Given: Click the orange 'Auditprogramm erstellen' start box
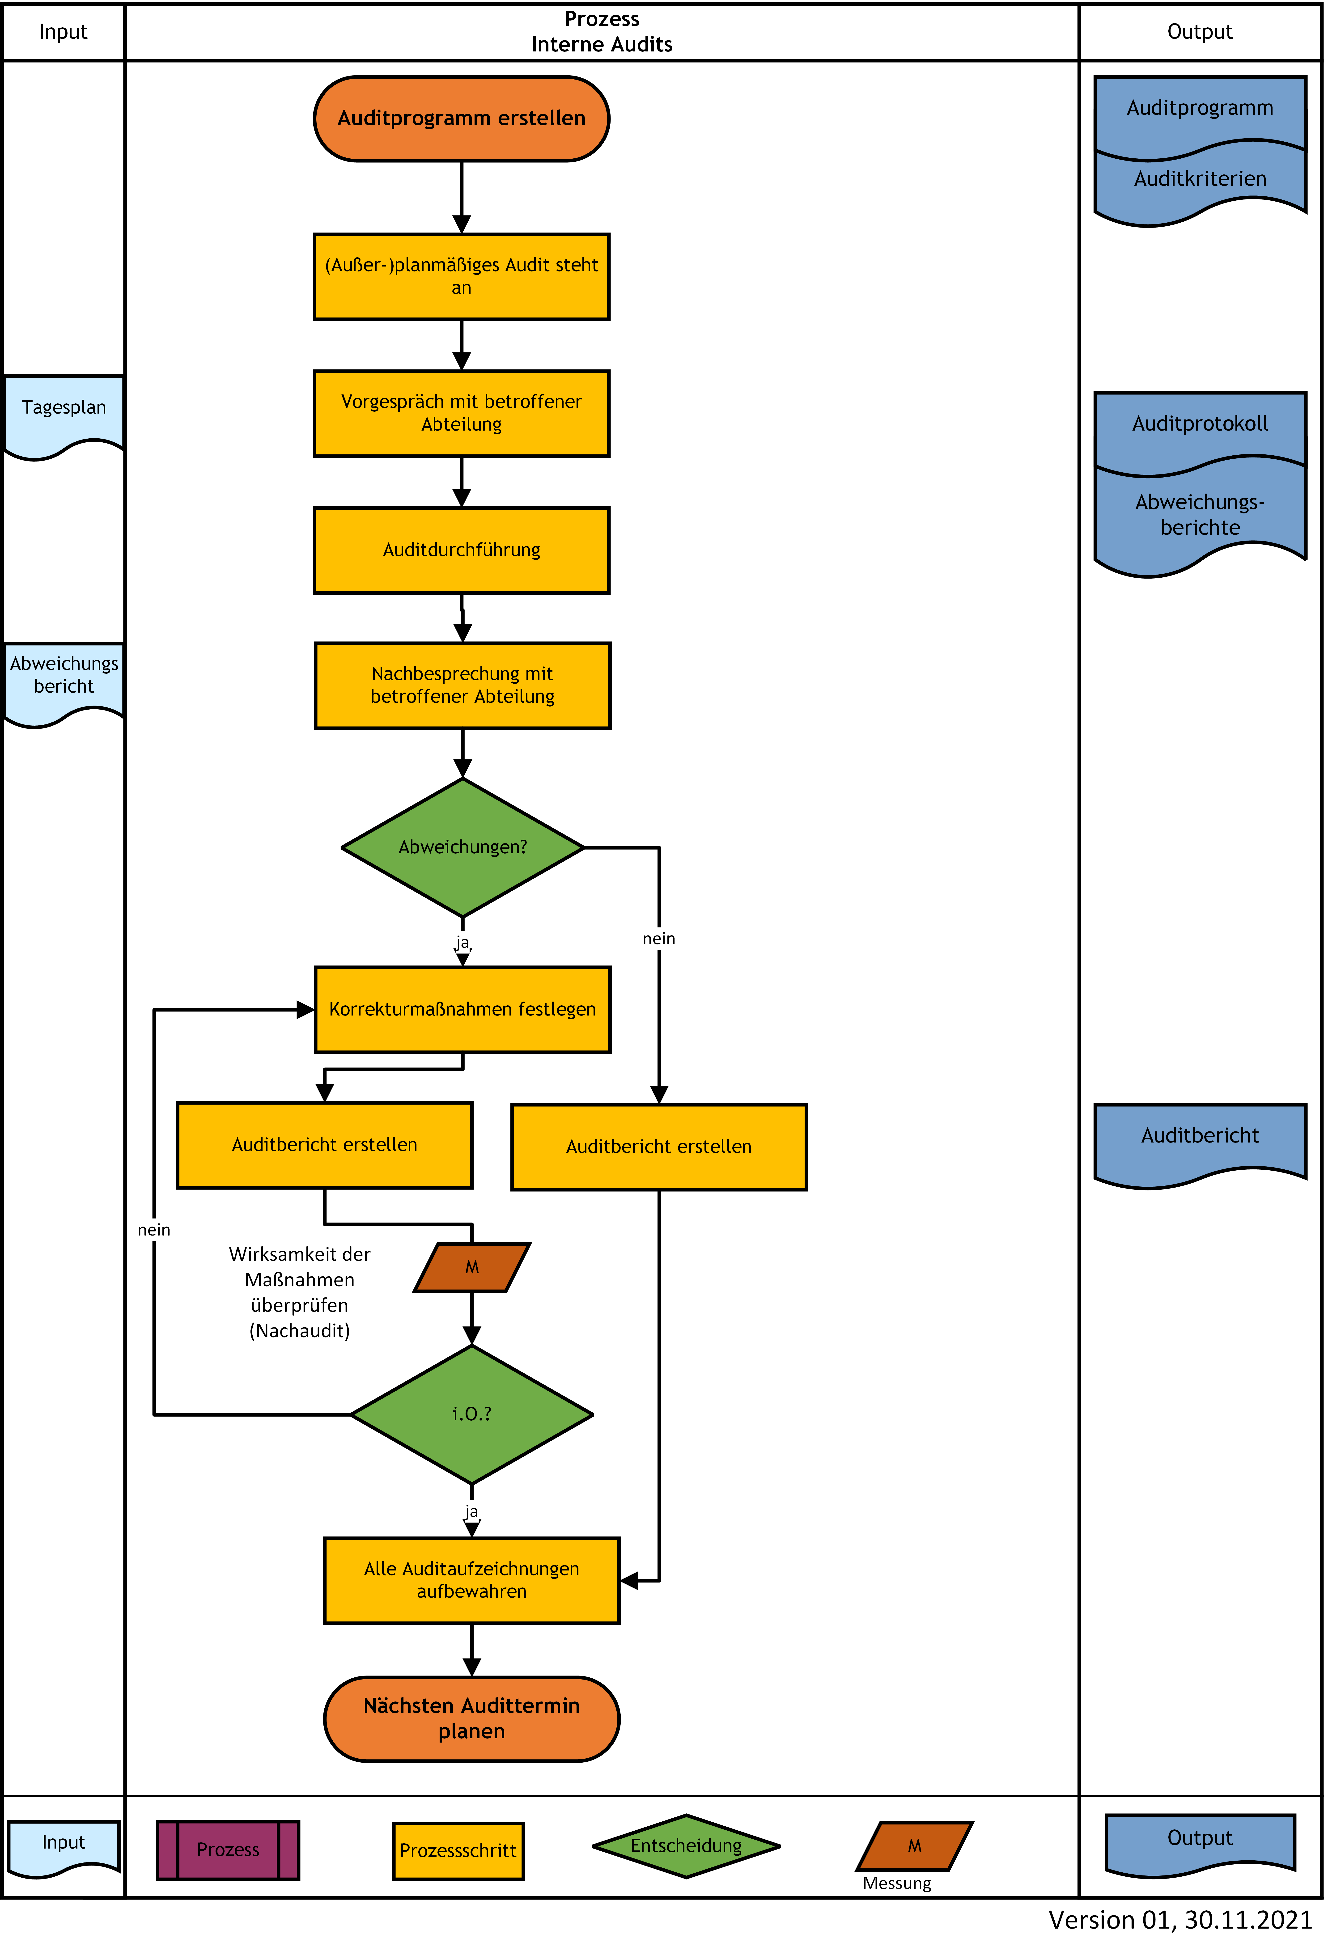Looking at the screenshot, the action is [462, 118].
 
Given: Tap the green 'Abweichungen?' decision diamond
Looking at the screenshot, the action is [462, 848].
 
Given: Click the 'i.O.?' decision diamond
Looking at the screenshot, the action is [472, 1414].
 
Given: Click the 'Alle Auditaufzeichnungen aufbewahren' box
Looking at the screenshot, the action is [472, 1581].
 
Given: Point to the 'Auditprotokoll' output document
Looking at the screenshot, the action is [1201, 428].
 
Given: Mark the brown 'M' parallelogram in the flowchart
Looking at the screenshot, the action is [472, 1268].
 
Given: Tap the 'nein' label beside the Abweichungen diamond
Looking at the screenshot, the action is [659, 939].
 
